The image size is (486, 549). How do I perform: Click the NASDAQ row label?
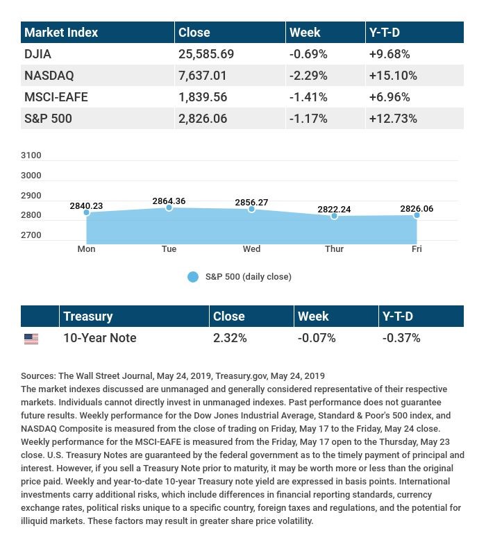(49, 75)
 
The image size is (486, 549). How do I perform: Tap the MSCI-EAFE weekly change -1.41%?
(308, 96)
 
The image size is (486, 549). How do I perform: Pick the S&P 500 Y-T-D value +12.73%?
(393, 118)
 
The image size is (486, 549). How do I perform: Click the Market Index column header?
(62, 32)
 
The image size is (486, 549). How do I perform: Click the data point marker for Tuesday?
(169, 208)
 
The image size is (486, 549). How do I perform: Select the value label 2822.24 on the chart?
(334, 208)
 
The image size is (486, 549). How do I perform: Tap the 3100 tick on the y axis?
(31, 155)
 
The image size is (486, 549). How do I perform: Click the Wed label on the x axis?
(251, 248)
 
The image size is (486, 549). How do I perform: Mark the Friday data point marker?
(417, 215)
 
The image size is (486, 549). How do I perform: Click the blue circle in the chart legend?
(193, 277)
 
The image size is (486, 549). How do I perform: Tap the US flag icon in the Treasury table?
(31, 339)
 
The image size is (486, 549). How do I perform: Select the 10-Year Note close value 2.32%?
(230, 338)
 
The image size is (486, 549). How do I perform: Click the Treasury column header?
(87, 316)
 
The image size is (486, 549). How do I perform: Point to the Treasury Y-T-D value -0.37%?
(401, 338)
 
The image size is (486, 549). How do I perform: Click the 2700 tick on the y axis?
(31, 235)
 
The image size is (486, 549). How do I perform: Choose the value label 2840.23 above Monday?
(86, 206)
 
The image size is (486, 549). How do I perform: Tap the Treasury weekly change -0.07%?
(317, 338)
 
